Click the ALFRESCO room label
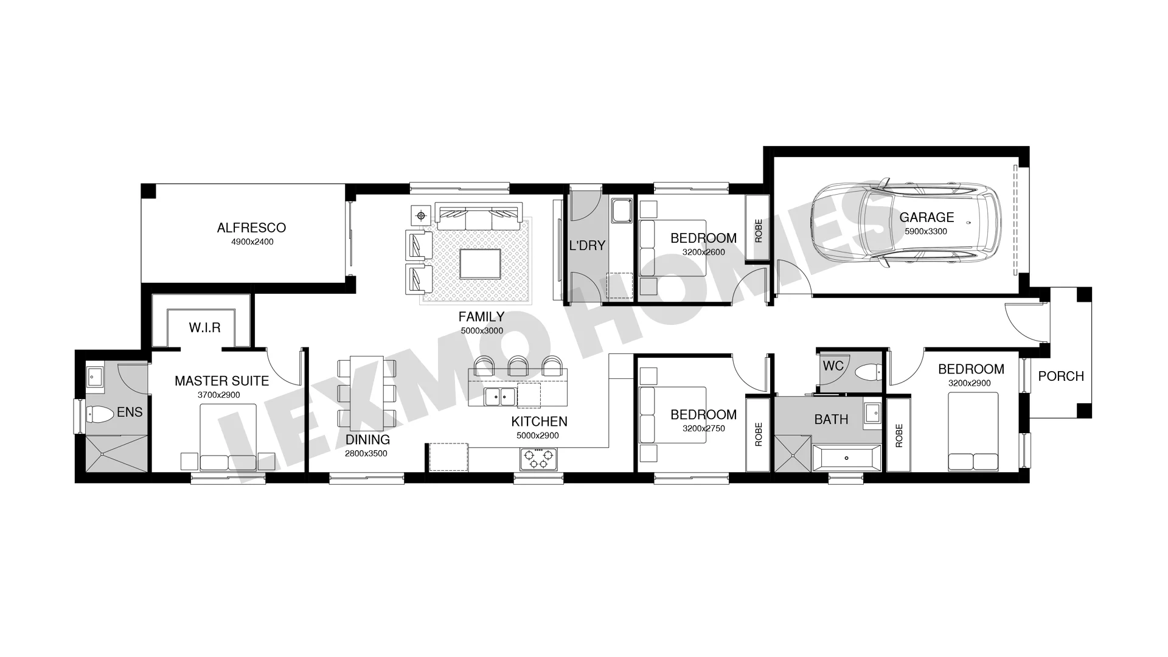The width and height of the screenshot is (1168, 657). (251, 228)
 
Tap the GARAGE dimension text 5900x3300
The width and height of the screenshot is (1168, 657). (926, 231)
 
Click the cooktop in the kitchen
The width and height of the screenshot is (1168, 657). (538, 459)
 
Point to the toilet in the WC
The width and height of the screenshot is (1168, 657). (867, 371)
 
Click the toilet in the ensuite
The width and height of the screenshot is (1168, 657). (100, 415)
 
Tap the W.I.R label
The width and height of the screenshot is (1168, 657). (204, 328)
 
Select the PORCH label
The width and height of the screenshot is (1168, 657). (1061, 376)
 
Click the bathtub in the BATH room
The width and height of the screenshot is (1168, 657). (847, 457)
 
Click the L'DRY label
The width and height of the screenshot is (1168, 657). (587, 246)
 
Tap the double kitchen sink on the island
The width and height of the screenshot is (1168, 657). (500, 397)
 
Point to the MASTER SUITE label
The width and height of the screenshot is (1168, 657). (221, 381)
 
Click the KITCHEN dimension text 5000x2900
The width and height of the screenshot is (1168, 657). (538, 436)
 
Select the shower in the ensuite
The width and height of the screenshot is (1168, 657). (116, 453)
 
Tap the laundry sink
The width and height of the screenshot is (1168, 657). (622, 210)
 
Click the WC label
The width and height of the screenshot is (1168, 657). (833, 366)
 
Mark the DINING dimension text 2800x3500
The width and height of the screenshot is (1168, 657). (366, 453)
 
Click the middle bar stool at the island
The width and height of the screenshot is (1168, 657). (518, 365)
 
